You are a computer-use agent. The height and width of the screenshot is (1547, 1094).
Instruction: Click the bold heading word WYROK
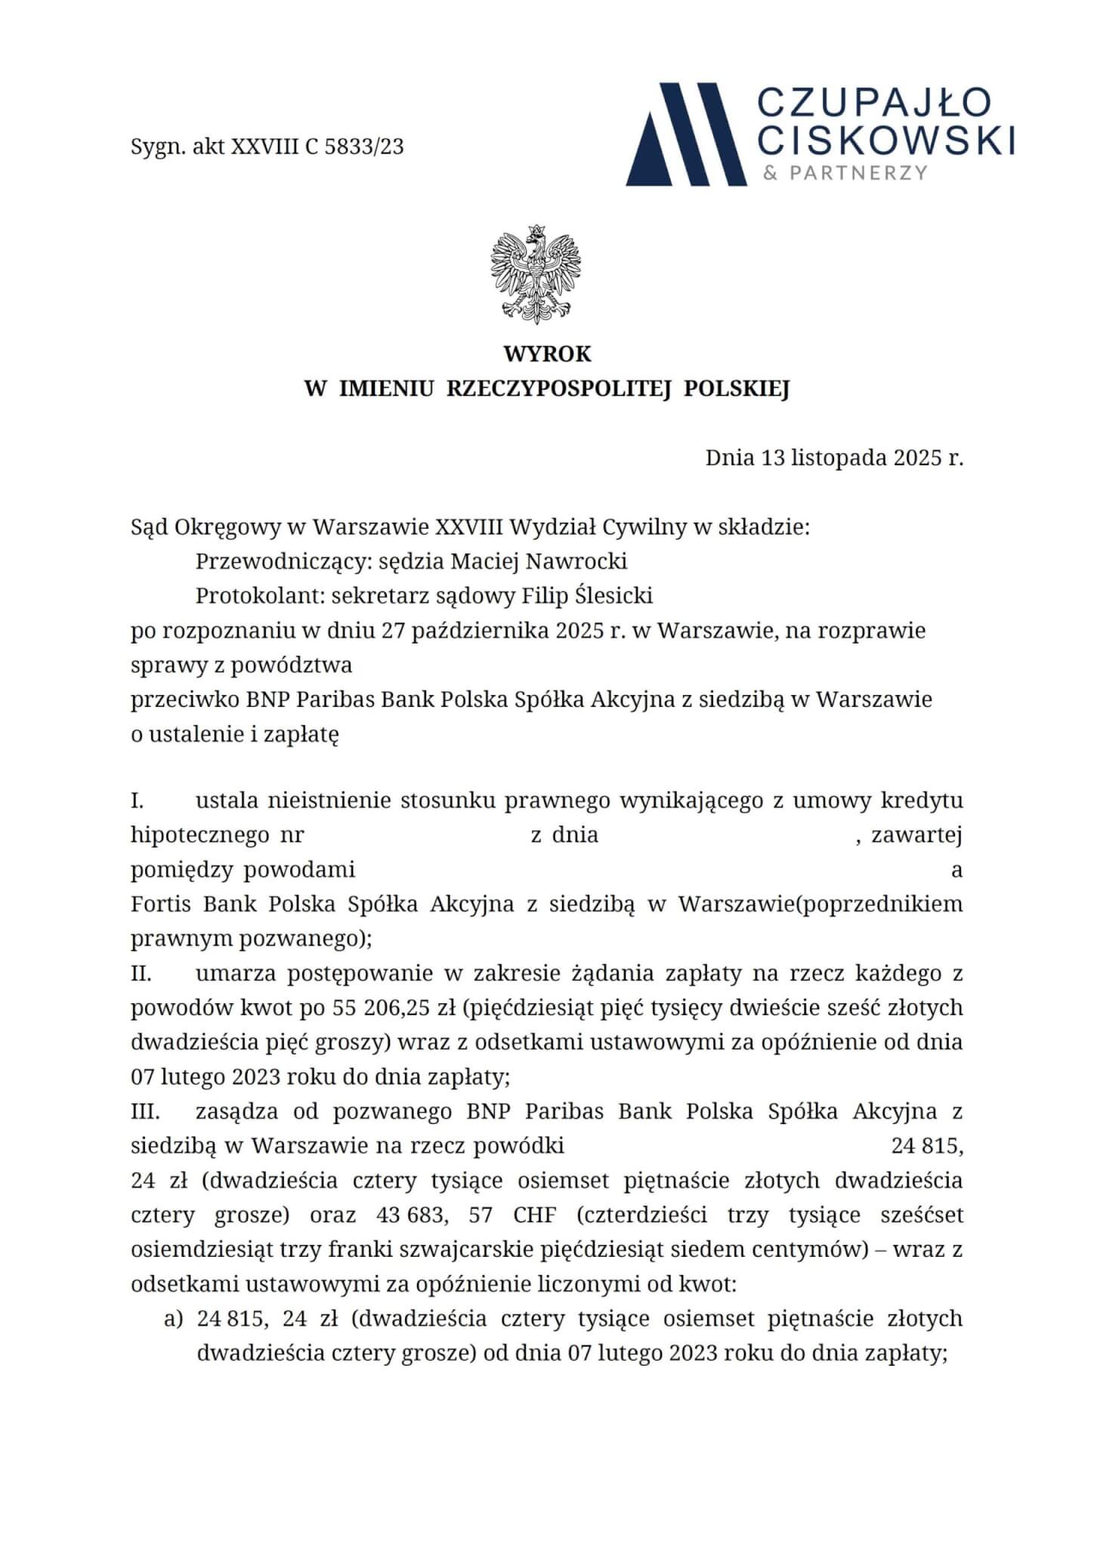[x=547, y=354]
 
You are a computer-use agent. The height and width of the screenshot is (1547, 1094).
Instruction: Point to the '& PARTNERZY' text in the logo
[x=845, y=173]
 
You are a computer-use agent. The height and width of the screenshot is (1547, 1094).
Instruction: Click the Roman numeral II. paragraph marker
[x=141, y=974]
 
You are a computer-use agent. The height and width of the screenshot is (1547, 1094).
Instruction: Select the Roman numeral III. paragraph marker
[x=144, y=1112]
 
